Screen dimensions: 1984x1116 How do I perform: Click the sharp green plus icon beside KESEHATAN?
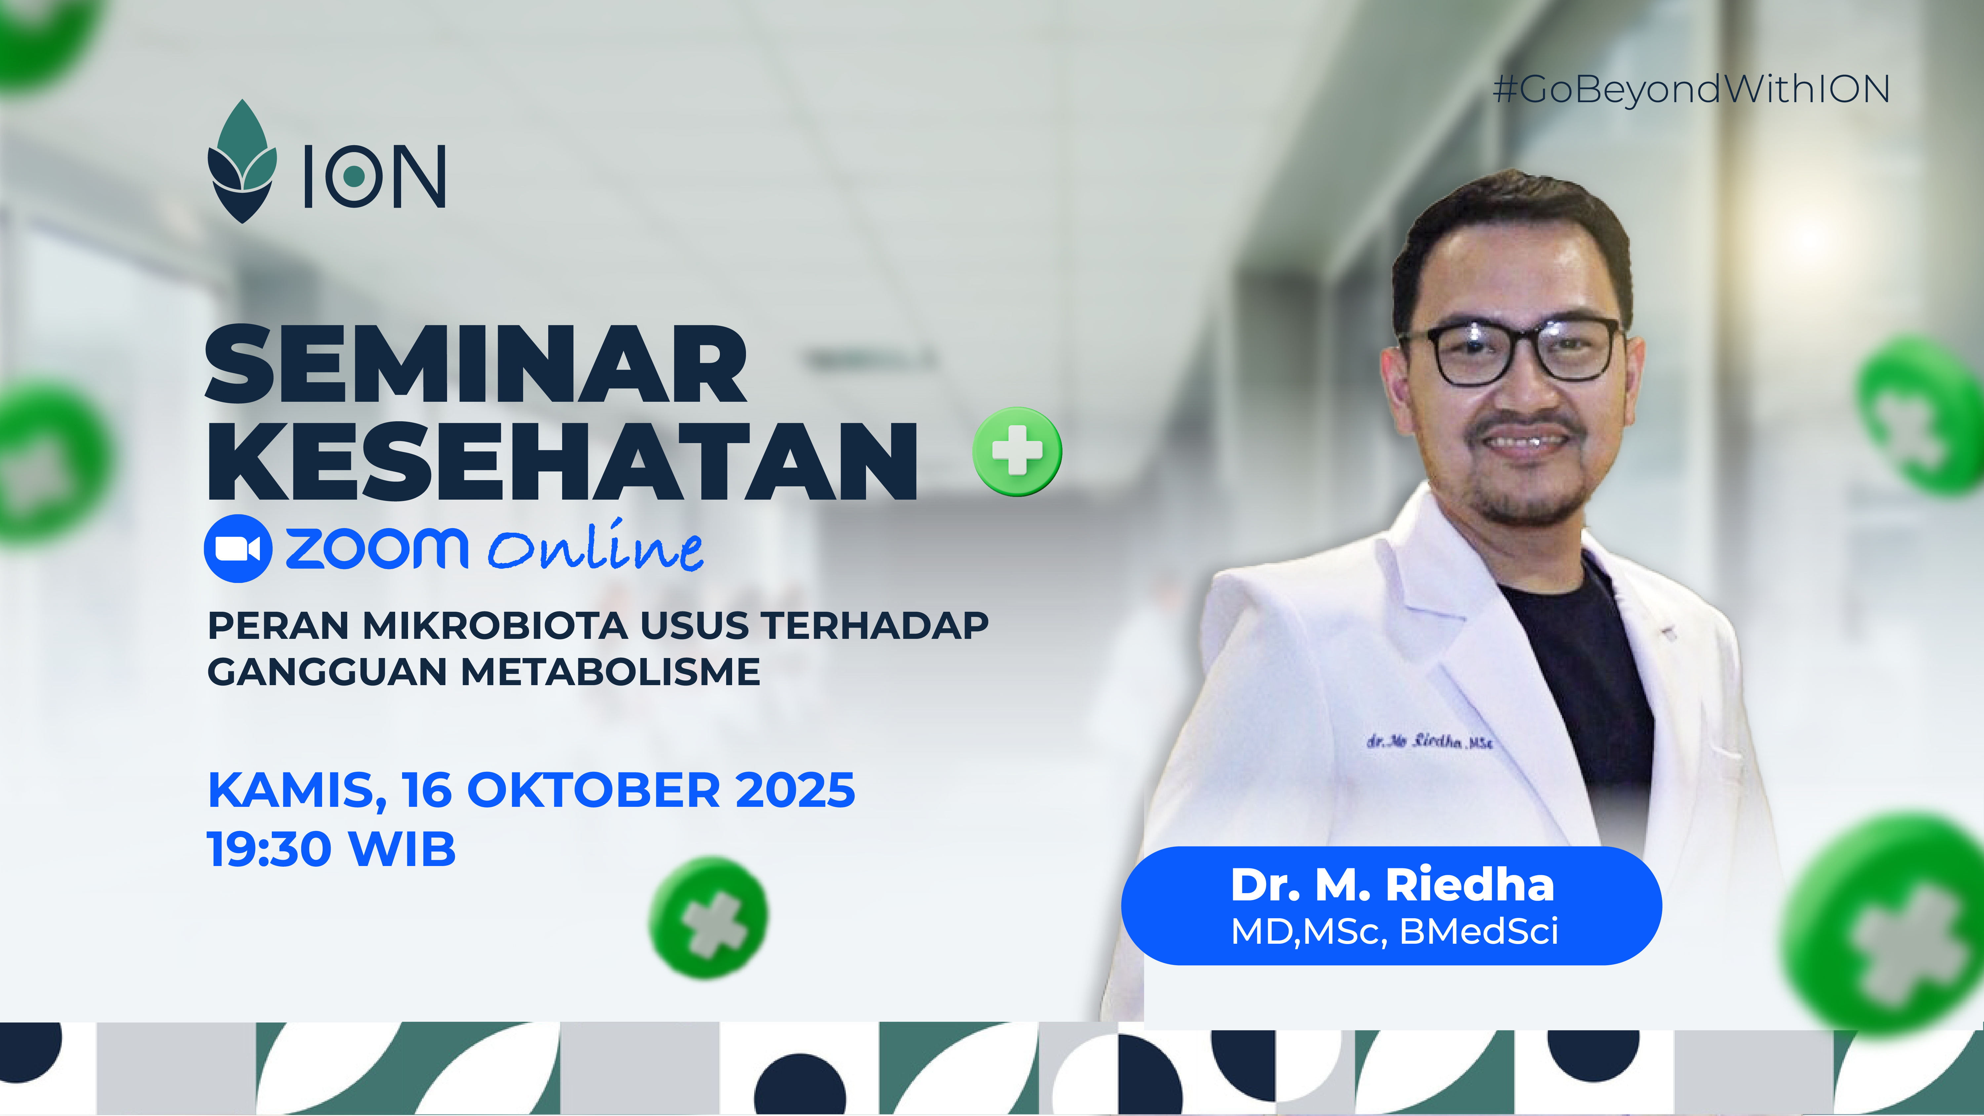pos(1017,451)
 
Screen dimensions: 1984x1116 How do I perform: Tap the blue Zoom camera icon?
pos(238,548)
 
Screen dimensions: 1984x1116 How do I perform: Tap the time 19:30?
pos(269,849)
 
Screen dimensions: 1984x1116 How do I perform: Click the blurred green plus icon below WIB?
pos(709,918)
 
